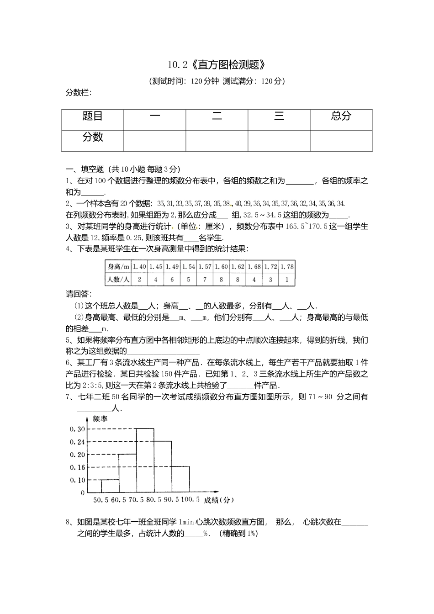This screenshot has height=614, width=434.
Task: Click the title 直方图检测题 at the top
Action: point(217,65)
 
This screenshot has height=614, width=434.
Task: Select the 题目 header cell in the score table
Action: point(92,116)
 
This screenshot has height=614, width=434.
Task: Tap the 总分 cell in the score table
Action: point(341,116)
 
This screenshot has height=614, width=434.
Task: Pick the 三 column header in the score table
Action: point(279,116)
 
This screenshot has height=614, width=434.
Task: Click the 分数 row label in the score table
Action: point(92,137)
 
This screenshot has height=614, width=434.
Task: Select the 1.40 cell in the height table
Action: point(139,266)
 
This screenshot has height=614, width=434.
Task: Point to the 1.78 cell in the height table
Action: point(287,266)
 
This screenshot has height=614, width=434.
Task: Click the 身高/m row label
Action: point(118,266)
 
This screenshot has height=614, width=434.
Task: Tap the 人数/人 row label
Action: point(118,280)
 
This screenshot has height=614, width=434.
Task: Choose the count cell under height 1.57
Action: point(205,280)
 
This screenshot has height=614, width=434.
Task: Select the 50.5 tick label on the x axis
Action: point(101,500)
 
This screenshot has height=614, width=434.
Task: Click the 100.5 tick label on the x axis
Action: point(190,500)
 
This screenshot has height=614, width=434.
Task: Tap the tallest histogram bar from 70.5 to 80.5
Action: point(145,461)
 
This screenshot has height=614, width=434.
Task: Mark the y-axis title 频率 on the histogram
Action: point(100,418)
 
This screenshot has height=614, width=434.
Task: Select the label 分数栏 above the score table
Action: point(79,93)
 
